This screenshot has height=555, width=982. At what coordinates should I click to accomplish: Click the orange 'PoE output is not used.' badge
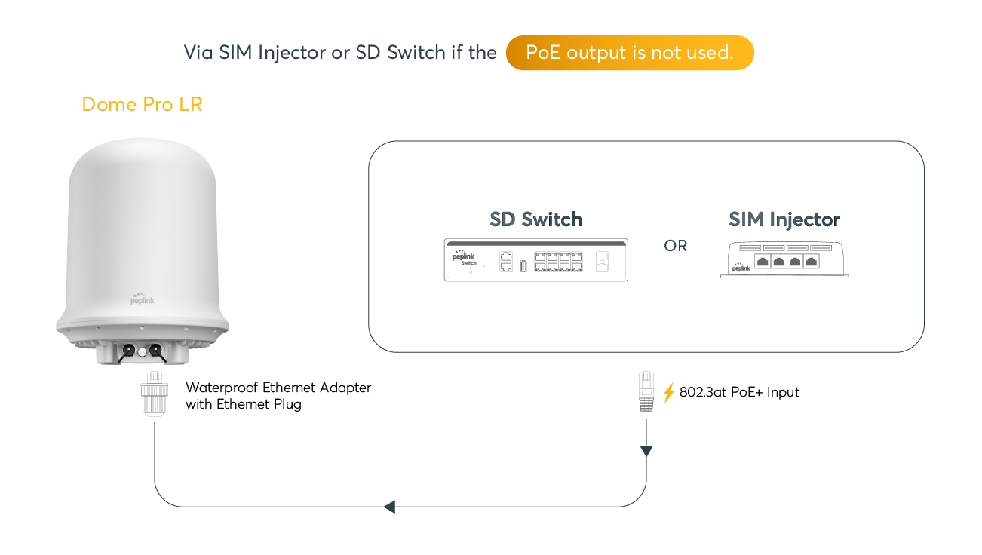click(x=630, y=53)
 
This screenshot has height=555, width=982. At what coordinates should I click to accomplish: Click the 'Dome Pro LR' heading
click(x=142, y=104)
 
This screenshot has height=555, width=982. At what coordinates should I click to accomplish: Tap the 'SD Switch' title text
click(x=535, y=219)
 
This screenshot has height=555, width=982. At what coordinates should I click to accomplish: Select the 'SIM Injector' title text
click(x=784, y=219)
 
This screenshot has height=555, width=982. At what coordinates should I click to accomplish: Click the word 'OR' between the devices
click(x=675, y=246)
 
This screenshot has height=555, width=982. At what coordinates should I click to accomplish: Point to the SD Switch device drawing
click(x=535, y=260)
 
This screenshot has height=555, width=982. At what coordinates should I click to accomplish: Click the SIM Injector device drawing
click(x=784, y=260)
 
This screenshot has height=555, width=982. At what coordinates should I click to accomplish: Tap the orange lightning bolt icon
click(x=668, y=392)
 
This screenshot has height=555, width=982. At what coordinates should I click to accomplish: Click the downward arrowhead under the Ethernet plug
click(x=646, y=451)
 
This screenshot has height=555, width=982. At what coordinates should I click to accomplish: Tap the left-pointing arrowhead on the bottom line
click(x=389, y=507)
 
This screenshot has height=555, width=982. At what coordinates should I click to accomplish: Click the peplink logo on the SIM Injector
click(x=741, y=266)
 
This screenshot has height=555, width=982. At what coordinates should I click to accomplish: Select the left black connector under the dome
click(x=128, y=351)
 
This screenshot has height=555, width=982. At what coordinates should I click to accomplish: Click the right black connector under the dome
click(x=155, y=351)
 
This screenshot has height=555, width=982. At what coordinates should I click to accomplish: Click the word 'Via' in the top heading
click(x=198, y=53)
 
